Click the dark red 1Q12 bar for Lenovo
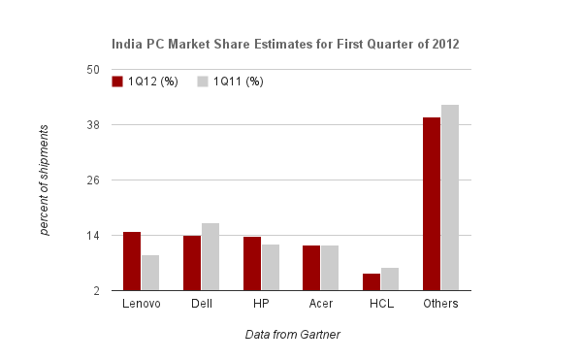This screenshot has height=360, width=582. click(132, 261)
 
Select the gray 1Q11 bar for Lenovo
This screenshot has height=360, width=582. click(150, 273)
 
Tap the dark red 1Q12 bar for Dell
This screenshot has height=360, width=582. click(192, 263)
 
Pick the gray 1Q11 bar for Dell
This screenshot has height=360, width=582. click(210, 257)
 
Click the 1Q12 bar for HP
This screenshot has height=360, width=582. click(252, 264)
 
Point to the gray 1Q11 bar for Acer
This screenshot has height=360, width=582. click(331, 268)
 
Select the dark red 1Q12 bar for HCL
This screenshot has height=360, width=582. click(372, 281)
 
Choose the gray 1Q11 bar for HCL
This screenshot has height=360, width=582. click(390, 278)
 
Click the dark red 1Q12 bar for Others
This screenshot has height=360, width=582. click(432, 204)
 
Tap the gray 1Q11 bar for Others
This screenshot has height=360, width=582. click(450, 197)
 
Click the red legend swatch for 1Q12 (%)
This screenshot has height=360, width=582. click(117, 82)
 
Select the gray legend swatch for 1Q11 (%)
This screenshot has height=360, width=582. click(204, 82)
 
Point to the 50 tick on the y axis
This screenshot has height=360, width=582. click(93, 70)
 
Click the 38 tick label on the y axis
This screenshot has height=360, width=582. click(93, 125)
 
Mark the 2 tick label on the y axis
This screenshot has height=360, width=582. click(97, 291)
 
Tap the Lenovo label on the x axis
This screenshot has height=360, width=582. click(142, 305)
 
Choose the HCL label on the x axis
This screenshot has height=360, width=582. click(381, 305)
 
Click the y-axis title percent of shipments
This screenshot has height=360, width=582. click(45, 180)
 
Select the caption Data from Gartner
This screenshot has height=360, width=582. click(292, 335)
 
